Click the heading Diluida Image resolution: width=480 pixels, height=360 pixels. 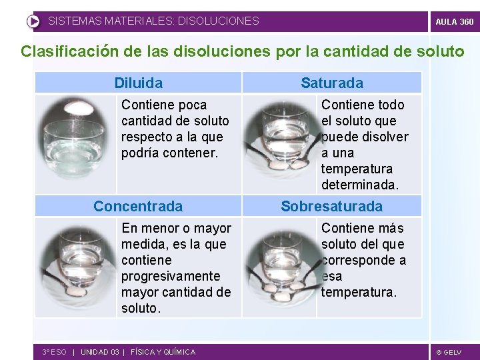point(138,83)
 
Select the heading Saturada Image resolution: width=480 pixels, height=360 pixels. point(332,83)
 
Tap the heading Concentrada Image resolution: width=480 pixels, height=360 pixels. point(138,206)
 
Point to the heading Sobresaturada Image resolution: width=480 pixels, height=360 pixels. point(332,206)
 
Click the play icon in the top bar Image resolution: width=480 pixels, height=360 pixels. point(33,21)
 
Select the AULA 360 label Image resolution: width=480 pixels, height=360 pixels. point(455,21)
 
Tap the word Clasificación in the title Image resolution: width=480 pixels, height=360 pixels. point(67,51)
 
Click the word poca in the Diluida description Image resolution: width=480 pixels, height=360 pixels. point(192,105)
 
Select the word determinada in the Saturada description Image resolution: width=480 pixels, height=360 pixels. point(359,185)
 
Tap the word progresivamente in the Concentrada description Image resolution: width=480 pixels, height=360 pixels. point(171,276)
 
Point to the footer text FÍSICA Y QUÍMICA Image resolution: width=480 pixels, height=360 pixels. point(163,352)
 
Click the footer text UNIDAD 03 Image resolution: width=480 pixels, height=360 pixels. point(100,352)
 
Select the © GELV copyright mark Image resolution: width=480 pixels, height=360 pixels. point(449,352)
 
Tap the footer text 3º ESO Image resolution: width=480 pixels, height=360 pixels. point(54,352)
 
